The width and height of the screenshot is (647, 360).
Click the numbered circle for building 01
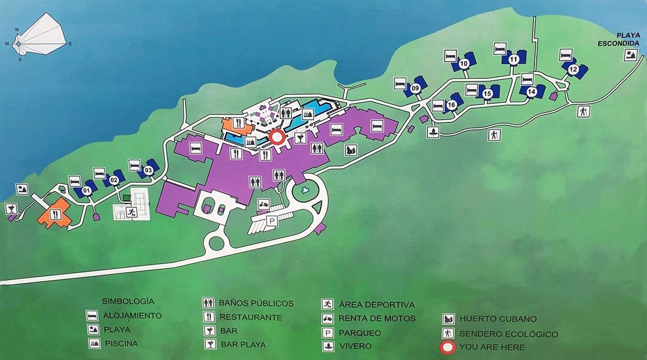tap(87, 190)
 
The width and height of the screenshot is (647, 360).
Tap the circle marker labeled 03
tap(148, 170)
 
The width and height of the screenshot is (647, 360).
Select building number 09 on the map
tap(415, 89)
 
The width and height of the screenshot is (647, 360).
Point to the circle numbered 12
tap(572, 69)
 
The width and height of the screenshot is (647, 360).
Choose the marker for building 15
tap(487, 93)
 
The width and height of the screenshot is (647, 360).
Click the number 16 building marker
tap(451, 105)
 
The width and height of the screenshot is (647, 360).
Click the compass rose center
tap(19, 44)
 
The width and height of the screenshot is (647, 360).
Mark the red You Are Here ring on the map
tap(276, 137)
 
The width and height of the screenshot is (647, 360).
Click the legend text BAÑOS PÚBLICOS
tap(256, 303)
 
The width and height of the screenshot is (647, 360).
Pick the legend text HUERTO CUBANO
tap(491, 319)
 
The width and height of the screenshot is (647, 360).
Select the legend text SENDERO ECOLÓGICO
tap(508, 334)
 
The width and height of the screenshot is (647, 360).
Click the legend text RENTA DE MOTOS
tap(377, 318)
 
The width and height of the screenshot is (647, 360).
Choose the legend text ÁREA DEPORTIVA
tap(377, 304)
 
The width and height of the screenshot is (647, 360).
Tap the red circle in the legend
tap(448, 347)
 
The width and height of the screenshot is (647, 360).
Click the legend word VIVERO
tap(355, 346)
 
